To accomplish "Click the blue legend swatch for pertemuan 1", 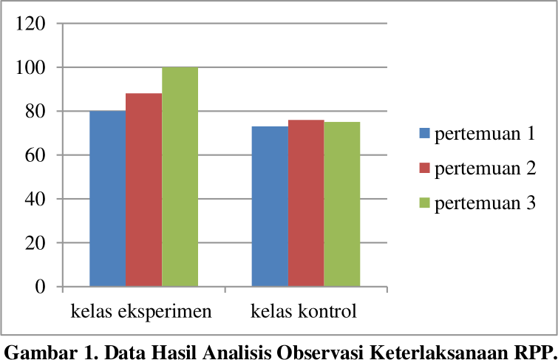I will (424, 134).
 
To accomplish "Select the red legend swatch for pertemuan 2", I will (424, 169).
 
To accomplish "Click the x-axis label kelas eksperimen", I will (141, 311).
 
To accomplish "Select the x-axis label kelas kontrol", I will (304, 311).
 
